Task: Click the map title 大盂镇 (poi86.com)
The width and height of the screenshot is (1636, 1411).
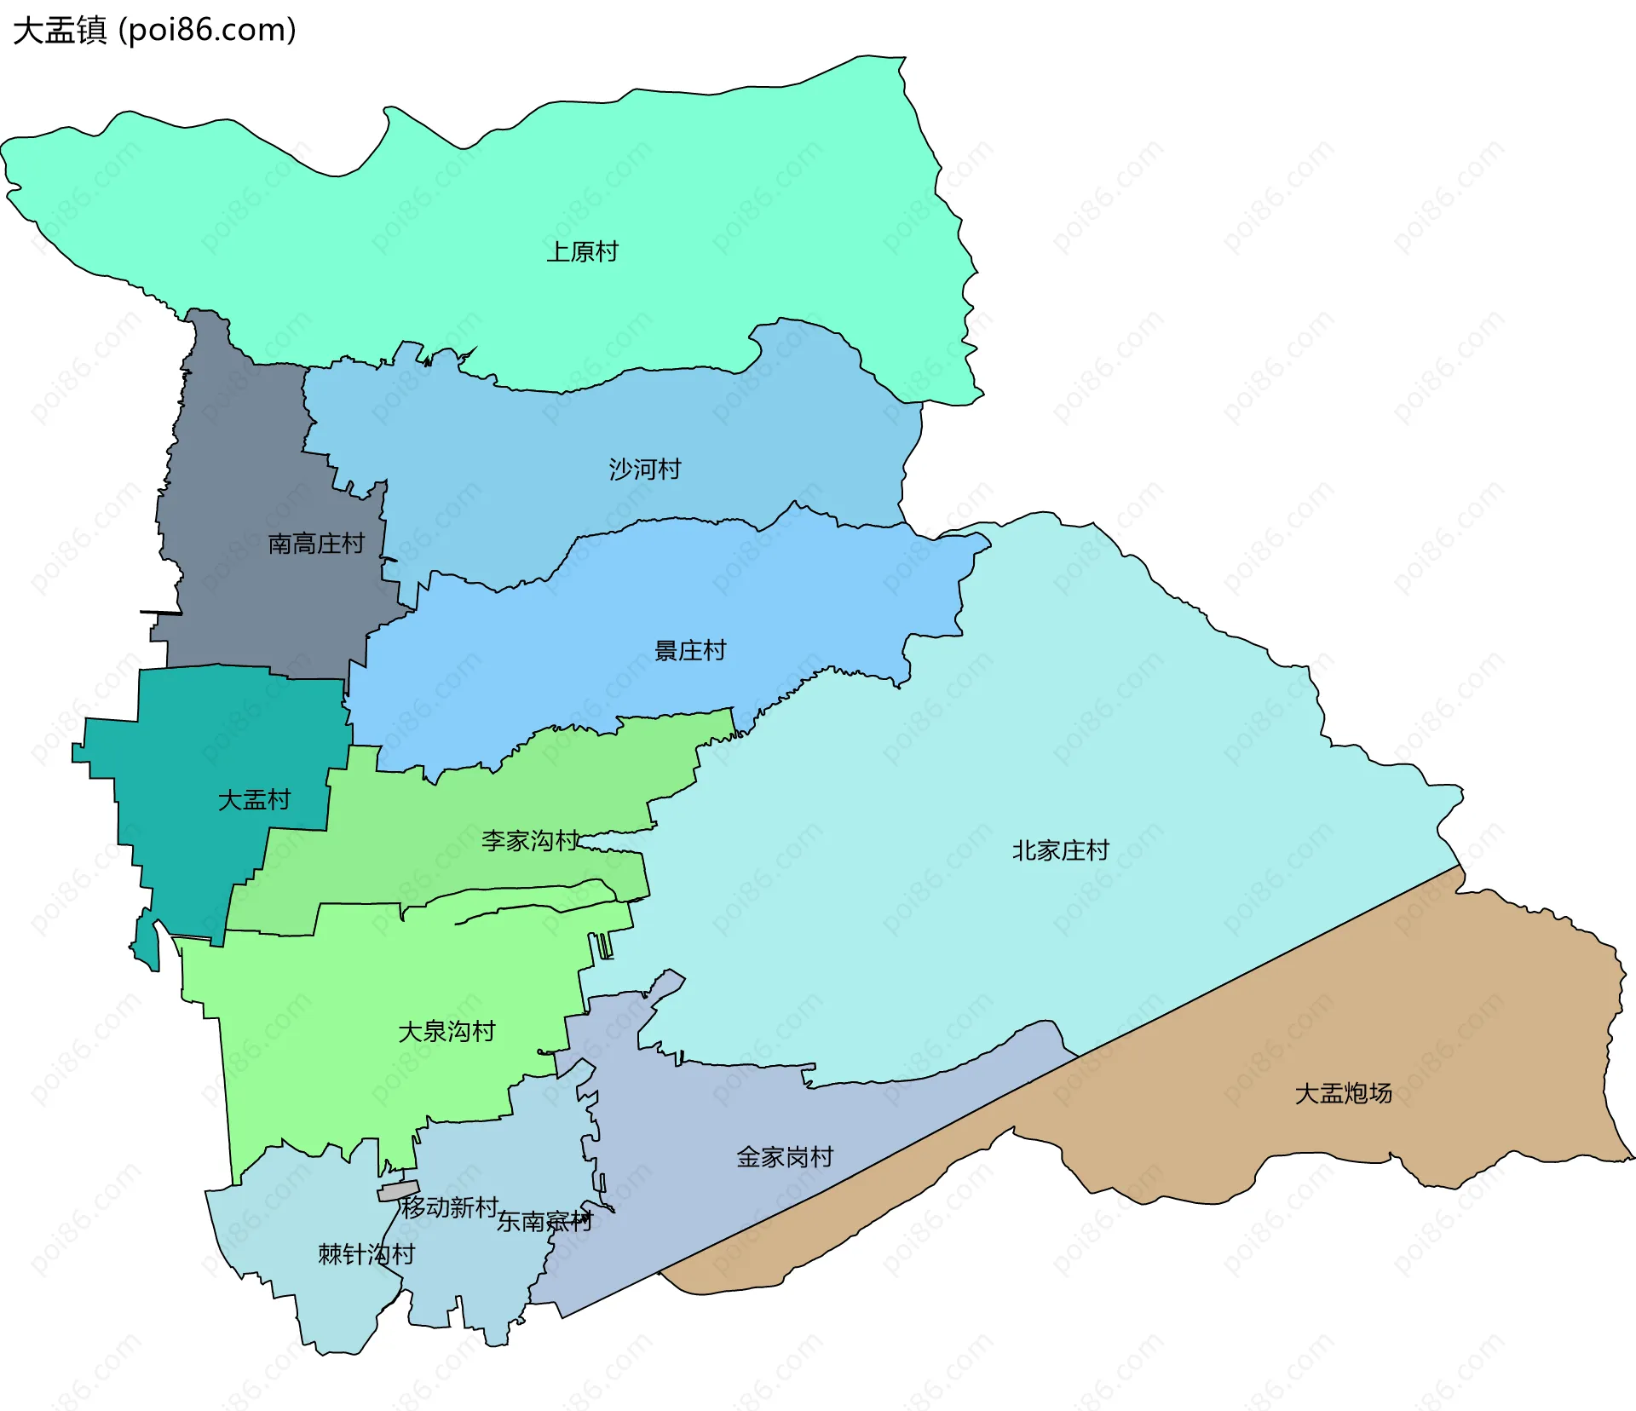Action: pyautogui.click(x=153, y=30)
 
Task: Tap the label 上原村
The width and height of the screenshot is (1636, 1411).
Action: pyautogui.click(x=582, y=252)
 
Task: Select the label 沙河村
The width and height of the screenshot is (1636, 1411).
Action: pyautogui.click(x=645, y=469)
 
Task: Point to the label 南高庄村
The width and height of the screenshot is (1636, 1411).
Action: pyautogui.click(x=316, y=544)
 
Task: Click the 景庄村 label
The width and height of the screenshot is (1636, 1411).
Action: pyautogui.click(x=690, y=651)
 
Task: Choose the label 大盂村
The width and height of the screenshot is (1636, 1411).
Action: pyautogui.click(x=254, y=800)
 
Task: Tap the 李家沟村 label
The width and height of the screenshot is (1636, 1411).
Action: pyautogui.click(x=530, y=841)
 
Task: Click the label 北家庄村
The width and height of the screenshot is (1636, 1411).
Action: pyautogui.click(x=1060, y=850)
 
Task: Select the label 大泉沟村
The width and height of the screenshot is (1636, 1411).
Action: pyautogui.click(x=446, y=1032)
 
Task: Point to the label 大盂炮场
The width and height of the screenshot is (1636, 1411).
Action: pyautogui.click(x=1343, y=1093)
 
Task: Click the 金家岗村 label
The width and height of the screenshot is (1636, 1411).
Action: pyautogui.click(x=785, y=1157)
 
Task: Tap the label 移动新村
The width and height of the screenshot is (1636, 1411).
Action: pyautogui.click(x=450, y=1207)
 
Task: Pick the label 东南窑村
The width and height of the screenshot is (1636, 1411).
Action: pyautogui.click(x=544, y=1222)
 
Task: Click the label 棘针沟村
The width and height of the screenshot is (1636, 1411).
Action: pyautogui.click(x=366, y=1254)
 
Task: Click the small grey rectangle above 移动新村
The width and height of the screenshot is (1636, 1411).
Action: pyautogui.click(x=399, y=1190)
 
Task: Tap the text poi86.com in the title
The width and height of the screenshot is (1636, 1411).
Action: pyautogui.click(x=207, y=30)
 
